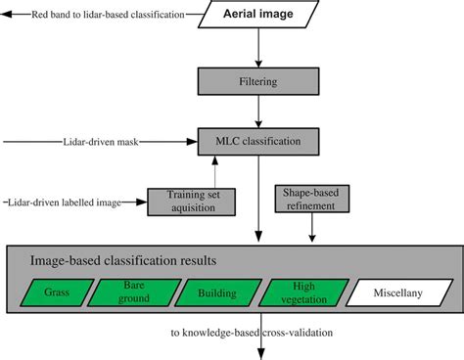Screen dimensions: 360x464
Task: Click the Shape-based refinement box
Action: [x=312, y=201]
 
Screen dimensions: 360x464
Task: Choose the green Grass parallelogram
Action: [x=58, y=292]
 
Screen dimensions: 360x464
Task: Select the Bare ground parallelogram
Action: [x=134, y=292]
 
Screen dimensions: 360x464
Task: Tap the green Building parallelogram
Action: [x=215, y=292]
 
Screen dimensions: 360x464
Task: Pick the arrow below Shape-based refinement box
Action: [x=312, y=230]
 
